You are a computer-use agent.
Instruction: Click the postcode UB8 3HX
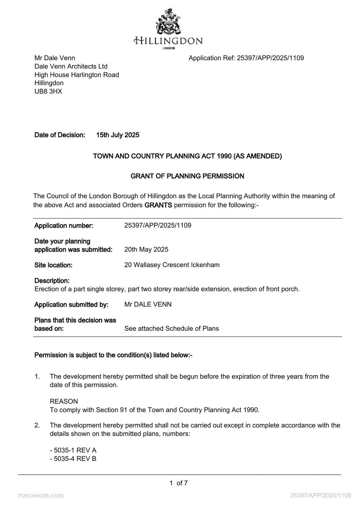(48, 91)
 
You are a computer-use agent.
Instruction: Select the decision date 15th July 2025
(118, 135)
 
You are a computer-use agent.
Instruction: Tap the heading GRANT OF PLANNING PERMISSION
(187, 176)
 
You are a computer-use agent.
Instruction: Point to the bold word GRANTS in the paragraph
(158, 205)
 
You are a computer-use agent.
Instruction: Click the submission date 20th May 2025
(146, 249)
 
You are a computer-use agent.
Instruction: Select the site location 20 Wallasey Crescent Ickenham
(172, 265)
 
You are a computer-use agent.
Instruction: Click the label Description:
(52, 281)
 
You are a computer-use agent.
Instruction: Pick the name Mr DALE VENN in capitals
(148, 304)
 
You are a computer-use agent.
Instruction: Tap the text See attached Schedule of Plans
(171, 328)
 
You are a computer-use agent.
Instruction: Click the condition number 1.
(37, 376)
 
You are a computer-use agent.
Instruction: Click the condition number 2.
(37, 425)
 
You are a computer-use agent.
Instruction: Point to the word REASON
(64, 401)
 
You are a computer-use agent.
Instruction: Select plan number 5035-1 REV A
(73, 450)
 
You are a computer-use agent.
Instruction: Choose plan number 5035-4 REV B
(73, 459)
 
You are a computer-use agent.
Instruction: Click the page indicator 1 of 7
(178, 483)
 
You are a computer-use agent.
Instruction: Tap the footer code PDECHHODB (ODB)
(41, 496)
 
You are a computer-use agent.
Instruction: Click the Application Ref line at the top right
(246, 58)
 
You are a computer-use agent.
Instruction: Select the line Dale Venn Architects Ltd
(71, 66)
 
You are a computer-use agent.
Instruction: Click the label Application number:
(64, 226)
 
